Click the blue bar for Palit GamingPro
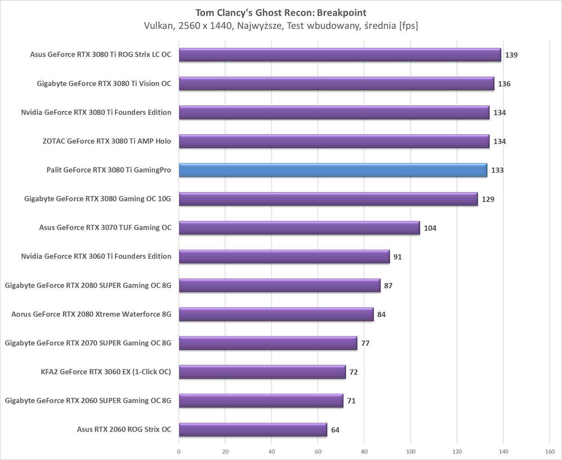[x=333, y=170]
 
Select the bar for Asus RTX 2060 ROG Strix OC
[x=252, y=430]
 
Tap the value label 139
[x=511, y=55]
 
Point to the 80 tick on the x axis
[x=364, y=451]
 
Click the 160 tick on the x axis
[x=550, y=451]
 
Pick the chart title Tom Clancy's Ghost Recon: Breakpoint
[x=281, y=12]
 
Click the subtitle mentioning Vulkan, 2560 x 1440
[x=281, y=26]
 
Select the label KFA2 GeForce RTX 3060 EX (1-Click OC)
[x=106, y=372]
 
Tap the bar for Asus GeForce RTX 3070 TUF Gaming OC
[x=299, y=228]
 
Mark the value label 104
[x=430, y=228]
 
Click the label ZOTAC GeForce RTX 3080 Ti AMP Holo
[x=107, y=141]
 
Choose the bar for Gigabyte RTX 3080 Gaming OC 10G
[x=328, y=199]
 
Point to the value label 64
[x=335, y=430]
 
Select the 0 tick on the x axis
[x=179, y=451]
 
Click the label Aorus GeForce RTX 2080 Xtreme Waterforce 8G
[x=91, y=314]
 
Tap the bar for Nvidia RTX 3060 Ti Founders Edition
[x=284, y=257]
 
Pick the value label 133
[x=497, y=170]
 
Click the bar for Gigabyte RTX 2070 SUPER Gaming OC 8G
[x=268, y=343]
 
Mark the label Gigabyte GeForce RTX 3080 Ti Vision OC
[x=104, y=84]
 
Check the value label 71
[x=351, y=401]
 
